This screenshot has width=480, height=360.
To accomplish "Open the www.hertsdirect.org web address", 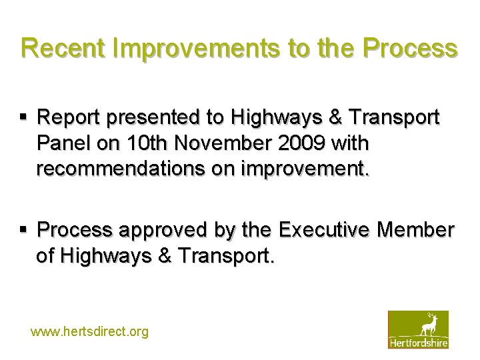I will point(90,331).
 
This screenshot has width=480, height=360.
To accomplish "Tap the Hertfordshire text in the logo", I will point(418,343).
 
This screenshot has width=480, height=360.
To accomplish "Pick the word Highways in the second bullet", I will point(102,255).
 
